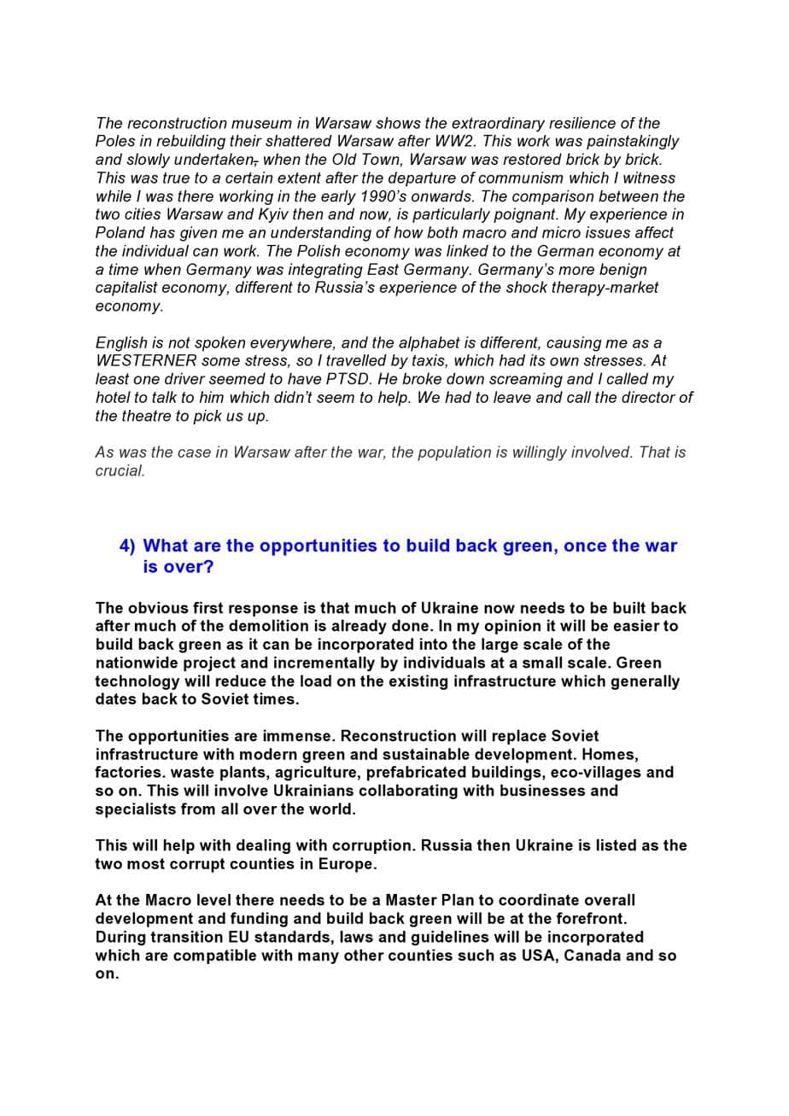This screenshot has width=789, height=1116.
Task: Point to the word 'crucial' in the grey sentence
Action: click(x=119, y=470)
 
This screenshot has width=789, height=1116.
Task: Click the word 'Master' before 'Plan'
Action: click(x=414, y=900)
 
